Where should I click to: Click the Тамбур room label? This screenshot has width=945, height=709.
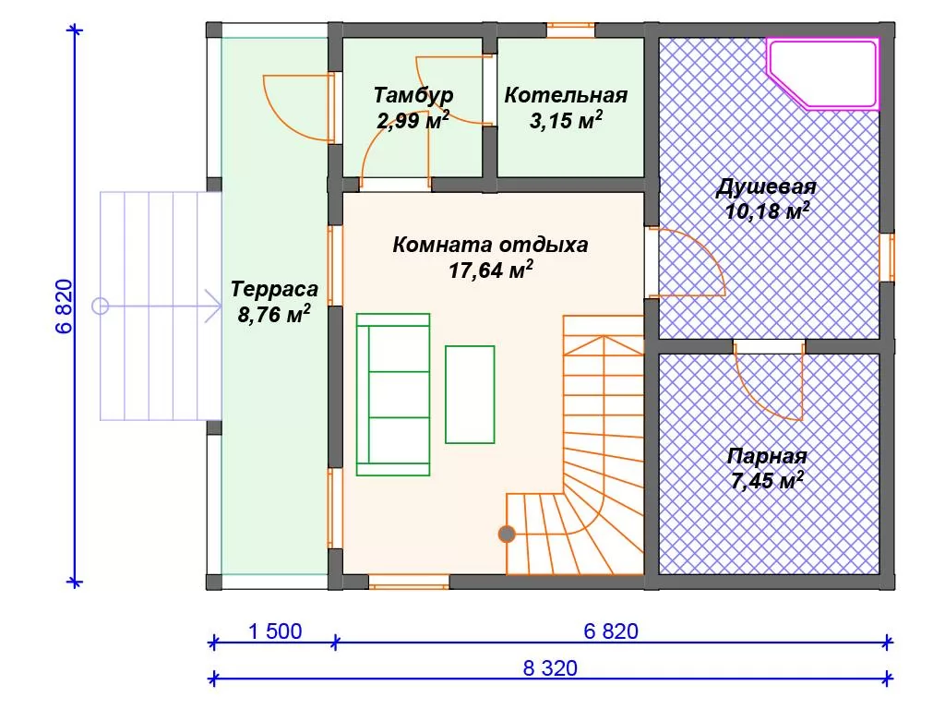(413, 95)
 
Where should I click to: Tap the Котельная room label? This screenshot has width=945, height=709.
(566, 95)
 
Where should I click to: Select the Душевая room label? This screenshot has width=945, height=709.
(766, 186)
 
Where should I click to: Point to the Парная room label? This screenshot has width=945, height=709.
(767, 456)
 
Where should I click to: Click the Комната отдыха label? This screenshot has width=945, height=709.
(490, 245)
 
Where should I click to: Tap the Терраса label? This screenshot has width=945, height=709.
(274, 289)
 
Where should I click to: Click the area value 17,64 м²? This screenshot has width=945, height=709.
(490, 270)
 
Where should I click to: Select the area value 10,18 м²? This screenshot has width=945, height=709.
(767, 211)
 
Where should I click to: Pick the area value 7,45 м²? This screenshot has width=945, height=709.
(767, 480)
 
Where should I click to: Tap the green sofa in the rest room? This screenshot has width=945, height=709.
(393, 394)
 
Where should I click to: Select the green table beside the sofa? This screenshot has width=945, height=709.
(470, 394)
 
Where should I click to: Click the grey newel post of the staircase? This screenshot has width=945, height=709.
(507, 535)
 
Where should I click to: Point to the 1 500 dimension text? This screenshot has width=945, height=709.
(275, 631)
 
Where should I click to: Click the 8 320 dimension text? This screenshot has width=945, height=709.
(550, 668)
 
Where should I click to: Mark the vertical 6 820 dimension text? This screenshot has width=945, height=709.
(64, 306)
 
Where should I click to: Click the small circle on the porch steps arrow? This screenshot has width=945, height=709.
(100, 306)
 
